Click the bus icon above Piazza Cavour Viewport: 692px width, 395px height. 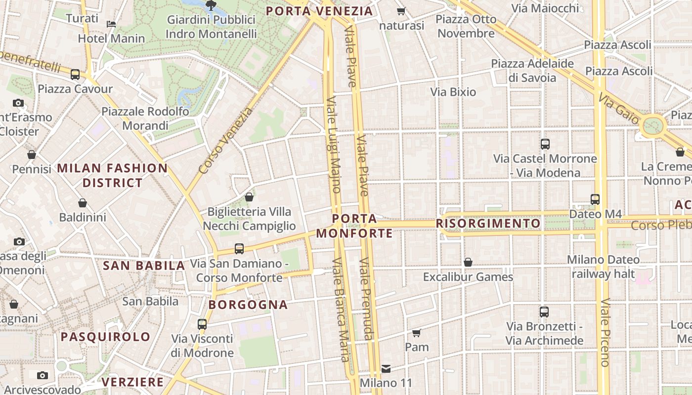pos(75,75)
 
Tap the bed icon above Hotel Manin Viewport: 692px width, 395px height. pos(111,24)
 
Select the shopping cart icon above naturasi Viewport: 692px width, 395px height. pos(401,11)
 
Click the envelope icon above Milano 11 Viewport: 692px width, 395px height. pos(386,368)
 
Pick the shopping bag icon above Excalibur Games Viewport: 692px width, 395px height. pos(468,262)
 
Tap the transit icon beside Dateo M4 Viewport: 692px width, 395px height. pos(595,199)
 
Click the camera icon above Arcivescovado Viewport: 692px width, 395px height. pos(43,375)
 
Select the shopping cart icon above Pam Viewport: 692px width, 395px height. pos(417,333)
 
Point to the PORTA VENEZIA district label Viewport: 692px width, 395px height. pos(319,11)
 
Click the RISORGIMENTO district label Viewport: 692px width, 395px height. pos(488,224)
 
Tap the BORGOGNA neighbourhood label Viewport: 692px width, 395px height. pos(248,305)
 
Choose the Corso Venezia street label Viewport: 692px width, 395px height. pos(225,141)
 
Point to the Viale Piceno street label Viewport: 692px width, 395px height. pos(605,332)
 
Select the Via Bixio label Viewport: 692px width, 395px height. pos(453,92)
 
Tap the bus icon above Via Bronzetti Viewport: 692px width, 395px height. pos(544,312)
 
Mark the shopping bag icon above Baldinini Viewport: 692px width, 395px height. pos(83,203)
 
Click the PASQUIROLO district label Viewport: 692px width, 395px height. pos(105,337)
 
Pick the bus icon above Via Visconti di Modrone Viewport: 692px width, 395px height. pos(202,324)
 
